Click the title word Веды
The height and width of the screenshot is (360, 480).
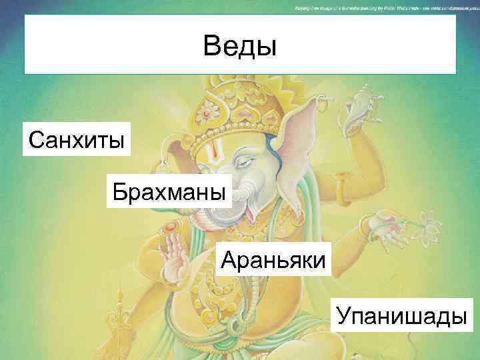pyautogui.click(x=239, y=46)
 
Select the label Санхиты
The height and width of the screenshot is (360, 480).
pyautogui.click(x=76, y=139)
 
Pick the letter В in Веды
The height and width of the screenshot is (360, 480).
pyautogui.click(x=212, y=46)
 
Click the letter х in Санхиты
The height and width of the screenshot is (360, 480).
pyautogui.click(x=72, y=139)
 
